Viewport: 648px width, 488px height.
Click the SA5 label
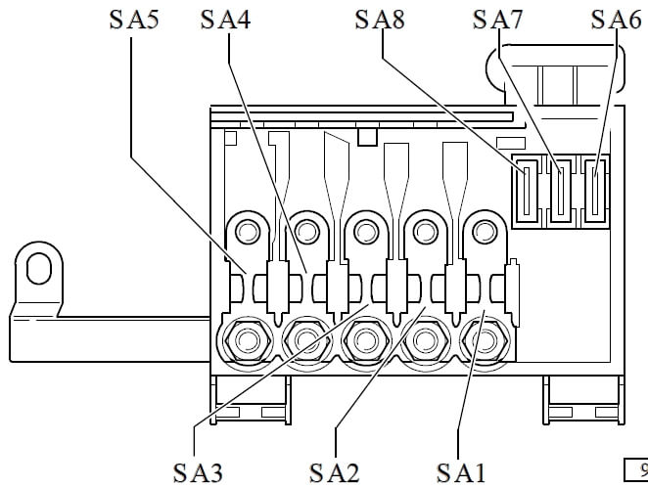click(x=134, y=20)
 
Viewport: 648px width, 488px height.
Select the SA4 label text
click(x=225, y=20)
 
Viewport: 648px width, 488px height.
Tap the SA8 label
click(x=380, y=20)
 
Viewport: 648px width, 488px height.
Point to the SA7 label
click(x=497, y=20)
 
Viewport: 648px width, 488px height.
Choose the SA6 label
click(x=616, y=20)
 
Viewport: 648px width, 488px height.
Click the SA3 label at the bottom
click(x=198, y=472)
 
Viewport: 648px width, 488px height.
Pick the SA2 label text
click(x=335, y=472)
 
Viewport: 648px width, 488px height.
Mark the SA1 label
click(x=461, y=472)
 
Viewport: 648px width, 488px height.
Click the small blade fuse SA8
click(x=527, y=191)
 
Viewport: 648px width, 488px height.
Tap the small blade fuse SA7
click(x=561, y=191)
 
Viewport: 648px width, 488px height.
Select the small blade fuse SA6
click(x=595, y=191)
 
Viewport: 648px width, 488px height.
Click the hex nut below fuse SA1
click(x=485, y=341)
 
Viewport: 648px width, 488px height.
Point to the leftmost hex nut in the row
click(x=248, y=341)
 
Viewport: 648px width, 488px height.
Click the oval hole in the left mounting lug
click(x=39, y=268)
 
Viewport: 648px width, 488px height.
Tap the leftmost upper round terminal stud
click(x=248, y=231)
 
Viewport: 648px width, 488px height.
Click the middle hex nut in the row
click(x=366, y=341)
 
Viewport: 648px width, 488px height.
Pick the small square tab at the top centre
click(x=367, y=137)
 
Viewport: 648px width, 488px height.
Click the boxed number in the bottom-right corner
click(x=636, y=469)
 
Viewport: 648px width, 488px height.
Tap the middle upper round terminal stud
click(x=366, y=231)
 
